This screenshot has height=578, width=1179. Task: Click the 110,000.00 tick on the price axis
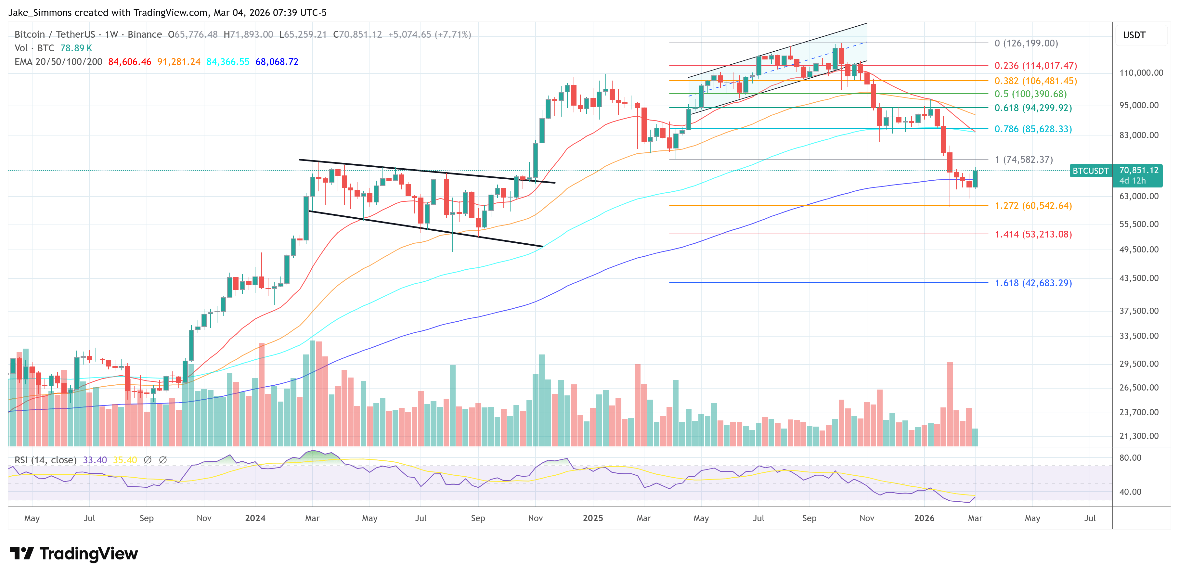pyautogui.click(x=1141, y=73)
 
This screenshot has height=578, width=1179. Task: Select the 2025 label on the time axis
pyautogui.click(x=593, y=518)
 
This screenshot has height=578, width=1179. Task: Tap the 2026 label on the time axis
pyautogui.click(x=924, y=518)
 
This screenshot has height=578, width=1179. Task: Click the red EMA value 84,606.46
pyautogui.click(x=130, y=62)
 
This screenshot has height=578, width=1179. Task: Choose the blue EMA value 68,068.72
pyautogui.click(x=277, y=62)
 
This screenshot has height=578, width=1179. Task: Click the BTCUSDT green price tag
pyautogui.click(x=1091, y=171)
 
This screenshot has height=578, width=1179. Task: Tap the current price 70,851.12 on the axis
pyautogui.click(x=1139, y=170)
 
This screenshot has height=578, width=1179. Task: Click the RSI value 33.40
pyautogui.click(x=95, y=460)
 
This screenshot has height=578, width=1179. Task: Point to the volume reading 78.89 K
pyautogui.click(x=76, y=48)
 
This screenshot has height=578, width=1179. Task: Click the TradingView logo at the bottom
pyautogui.click(x=73, y=554)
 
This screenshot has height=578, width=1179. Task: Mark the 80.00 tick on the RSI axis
pyautogui.click(x=1130, y=458)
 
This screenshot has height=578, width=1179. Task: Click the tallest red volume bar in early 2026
pyautogui.click(x=950, y=403)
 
